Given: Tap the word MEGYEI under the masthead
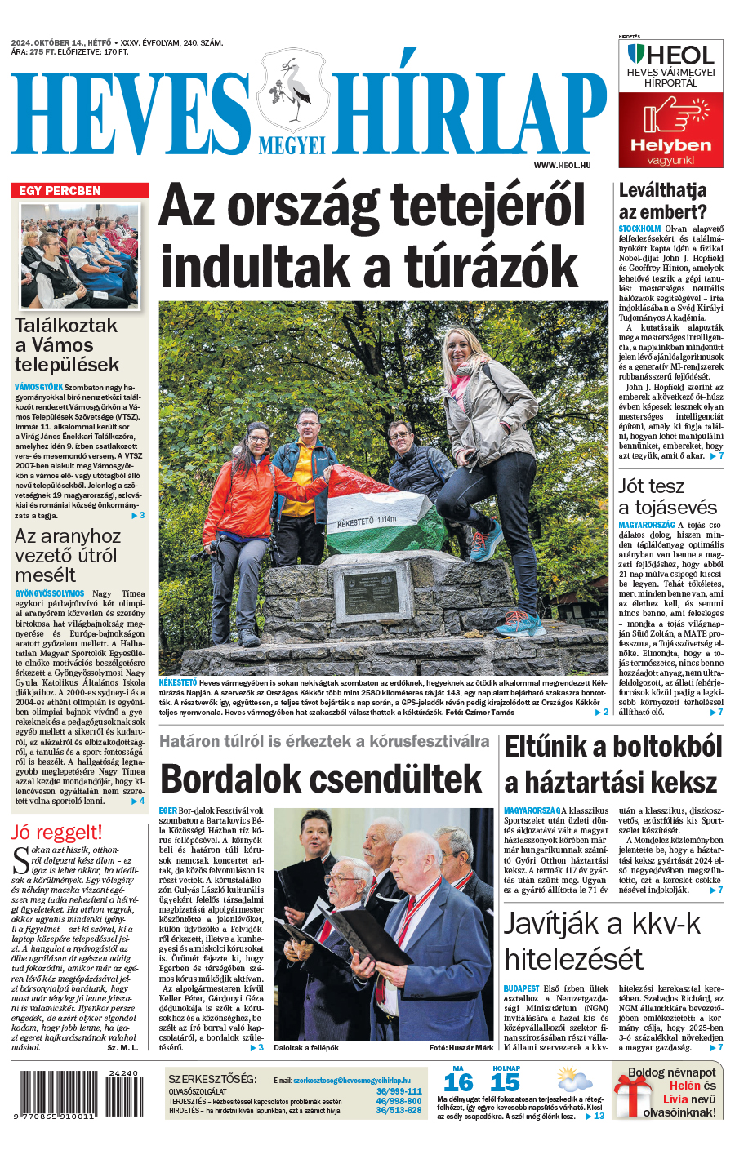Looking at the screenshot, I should click(292, 145).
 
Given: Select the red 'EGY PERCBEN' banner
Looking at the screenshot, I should click(80, 191).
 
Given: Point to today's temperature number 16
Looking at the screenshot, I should click(458, 1082).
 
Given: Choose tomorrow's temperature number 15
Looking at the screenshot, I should click(505, 1082).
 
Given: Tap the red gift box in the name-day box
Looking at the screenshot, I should click(631, 1096).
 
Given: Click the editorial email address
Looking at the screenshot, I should click(352, 1080).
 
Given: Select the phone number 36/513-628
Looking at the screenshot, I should click(399, 1110).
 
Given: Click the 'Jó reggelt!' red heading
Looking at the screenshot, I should click(57, 833).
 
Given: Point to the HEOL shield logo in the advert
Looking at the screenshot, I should click(635, 56).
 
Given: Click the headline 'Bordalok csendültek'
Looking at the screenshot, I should click(322, 779).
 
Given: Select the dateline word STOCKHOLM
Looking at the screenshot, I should click(639, 229).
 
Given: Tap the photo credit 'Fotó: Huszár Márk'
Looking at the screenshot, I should click(461, 1047).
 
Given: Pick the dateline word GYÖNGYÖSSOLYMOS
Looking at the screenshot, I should click(49, 593).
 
